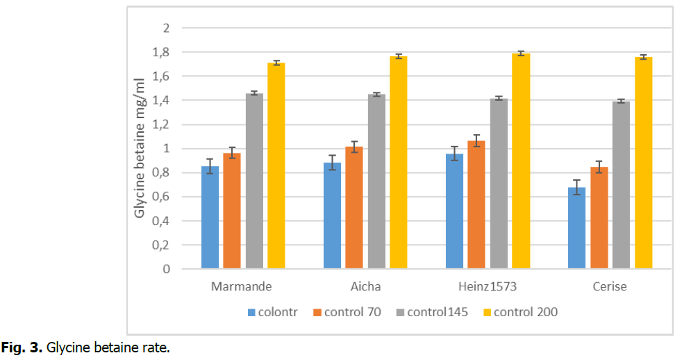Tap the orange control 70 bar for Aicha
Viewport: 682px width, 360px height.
(x=354, y=208)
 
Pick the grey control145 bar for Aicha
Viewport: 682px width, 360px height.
(x=376, y=181)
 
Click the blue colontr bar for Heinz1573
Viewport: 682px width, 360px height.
(x=454, y=211)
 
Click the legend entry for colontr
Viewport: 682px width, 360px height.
(x=277, y=312)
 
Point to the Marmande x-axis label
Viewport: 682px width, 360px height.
(x=242, y=286)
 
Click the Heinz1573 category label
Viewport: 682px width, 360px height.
(x=487, y=286)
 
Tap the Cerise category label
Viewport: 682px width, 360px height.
(x=609, y=286)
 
